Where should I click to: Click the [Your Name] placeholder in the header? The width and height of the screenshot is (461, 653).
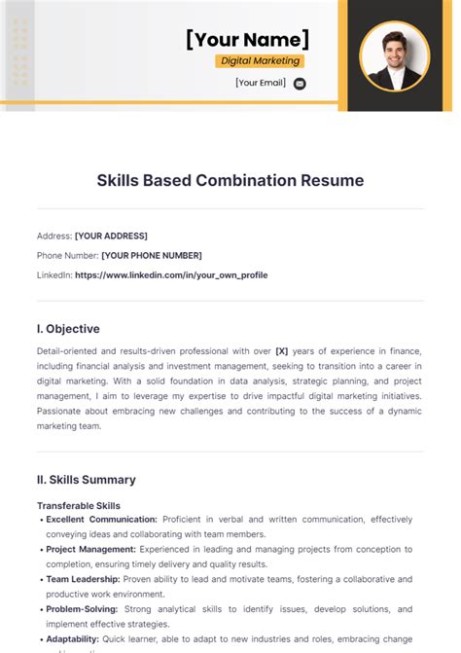tap(248, 39)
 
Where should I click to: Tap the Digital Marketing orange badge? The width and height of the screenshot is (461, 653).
tap(260, 60)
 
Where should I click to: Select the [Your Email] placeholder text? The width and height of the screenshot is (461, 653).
tap(261, 83)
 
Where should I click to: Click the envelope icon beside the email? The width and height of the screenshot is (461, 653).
tap(300, 84)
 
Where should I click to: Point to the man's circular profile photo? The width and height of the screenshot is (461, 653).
tap(395, 55)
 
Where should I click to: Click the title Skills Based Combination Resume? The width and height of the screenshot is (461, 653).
tap(230, 180)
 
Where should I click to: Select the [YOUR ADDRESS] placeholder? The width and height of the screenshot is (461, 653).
tap(111, 236)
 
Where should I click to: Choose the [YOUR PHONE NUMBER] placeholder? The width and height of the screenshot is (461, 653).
tap(152, 255)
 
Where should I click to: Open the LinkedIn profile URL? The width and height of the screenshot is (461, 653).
tap(171, 274)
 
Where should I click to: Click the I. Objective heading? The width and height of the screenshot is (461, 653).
tap(68, 329)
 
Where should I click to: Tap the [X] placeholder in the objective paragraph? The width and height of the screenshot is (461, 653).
tap(282, 349)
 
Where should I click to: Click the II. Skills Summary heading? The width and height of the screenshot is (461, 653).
tap(87, 480)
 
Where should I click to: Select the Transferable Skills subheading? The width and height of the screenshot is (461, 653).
tap(79, 506)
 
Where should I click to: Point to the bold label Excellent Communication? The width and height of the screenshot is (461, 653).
tap(102, 520)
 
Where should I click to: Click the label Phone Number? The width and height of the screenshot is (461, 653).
tap(67, 255)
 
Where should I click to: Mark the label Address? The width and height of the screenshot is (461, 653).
tap(53, 236)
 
